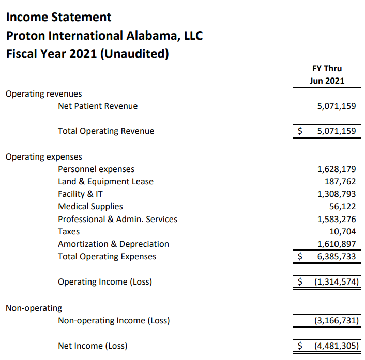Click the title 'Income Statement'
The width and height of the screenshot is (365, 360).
pyautogui.click(x=58, y=17)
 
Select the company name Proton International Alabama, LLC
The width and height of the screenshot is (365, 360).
pyautogui.click(x=104, y=36)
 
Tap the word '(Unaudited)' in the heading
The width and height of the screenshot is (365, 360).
pyautogui.click(x=134, y=54)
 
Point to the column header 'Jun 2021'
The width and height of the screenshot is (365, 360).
pyautogui.click(x=327, y=81)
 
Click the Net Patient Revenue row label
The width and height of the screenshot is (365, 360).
pyautogui.click(x=98, y=106)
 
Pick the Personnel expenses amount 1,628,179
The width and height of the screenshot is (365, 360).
pyautogui.click(x=336, y=169)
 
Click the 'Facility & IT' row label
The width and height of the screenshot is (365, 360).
pyautogui.click(x=80, y=194)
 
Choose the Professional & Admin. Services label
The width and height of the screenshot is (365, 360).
pyautogui.click(x=117, y=220)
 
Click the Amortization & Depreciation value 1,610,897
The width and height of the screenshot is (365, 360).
pyautogui.click(x=336, y=244)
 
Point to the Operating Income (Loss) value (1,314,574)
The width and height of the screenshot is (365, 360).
pyautogui.click(x=336, y=282)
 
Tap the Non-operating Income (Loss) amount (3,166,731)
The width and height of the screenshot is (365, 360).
pyautogui.click(x=336, y=321)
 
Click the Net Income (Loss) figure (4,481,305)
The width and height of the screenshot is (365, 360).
pyautogui.click(x=336, y=346)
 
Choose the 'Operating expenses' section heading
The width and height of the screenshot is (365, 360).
pyautogui.click(x=44, y=157)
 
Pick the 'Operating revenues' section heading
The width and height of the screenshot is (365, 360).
pyautogui.click(x=44, y=94)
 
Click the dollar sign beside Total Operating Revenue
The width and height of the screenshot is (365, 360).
pyautogui.click(x=299, y=131)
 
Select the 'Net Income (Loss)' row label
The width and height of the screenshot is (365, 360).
pyautogui.click(x=93, y=346)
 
